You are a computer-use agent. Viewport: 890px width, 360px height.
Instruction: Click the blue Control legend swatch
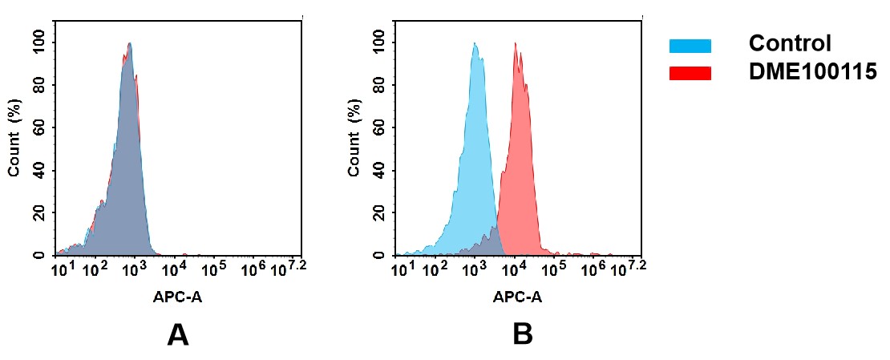690,46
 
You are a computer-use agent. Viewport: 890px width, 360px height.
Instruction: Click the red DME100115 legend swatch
690,73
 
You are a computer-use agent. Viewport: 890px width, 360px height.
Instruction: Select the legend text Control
789,44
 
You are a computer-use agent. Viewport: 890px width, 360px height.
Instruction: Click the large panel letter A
177,334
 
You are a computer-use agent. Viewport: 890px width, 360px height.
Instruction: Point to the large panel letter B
522,334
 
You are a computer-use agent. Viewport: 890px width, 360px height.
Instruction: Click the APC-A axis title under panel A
178,297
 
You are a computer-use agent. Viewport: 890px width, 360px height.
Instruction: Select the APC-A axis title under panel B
517,297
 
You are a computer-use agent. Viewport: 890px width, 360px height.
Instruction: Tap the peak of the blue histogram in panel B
475,44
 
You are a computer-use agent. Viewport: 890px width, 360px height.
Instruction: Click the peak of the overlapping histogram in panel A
129,44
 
